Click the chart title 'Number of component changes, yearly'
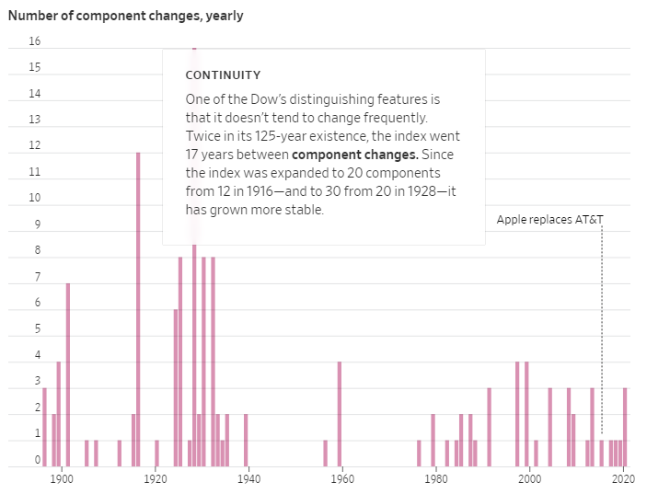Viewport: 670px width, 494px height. pos(125,16)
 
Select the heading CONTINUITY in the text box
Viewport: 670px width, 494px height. pos(223,75)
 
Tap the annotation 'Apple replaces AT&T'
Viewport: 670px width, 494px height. pos(550,219)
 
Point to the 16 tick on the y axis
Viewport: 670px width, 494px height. pos(35,41)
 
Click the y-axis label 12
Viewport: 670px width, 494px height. pos(35,145)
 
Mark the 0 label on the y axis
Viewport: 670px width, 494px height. pos(38,459)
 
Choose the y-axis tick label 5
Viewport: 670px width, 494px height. pos(38,328)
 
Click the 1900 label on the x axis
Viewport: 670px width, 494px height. pos(62,479)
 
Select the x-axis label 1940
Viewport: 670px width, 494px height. pos(249,479)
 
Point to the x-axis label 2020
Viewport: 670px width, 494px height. pos(624,479)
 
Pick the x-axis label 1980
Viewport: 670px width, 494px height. pos(436,479)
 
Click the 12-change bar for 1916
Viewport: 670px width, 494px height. pos(138,309)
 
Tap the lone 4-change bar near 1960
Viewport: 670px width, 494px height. pos(340,414)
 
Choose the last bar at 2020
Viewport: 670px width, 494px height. pos(625,427)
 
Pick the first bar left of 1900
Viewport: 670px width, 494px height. pos(44,427)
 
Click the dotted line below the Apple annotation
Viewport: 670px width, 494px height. pos(602,331)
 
